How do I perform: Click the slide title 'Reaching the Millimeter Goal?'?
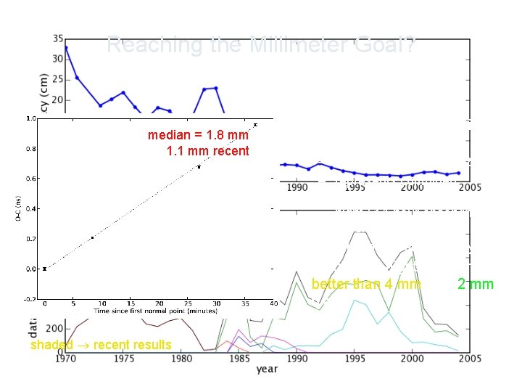pos(260,45)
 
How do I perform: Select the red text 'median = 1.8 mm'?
pos(198,135)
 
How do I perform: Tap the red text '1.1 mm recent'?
pos(207,151)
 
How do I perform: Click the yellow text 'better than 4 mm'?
pos(365,284)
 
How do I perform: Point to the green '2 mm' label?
pos(475,284)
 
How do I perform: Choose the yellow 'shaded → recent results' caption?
pos(101,344)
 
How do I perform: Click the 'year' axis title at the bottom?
pos(266,370)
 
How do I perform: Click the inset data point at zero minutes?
pos(44,269)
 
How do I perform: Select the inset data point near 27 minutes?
pos(199,167)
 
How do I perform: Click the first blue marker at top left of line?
pos(66,48)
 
